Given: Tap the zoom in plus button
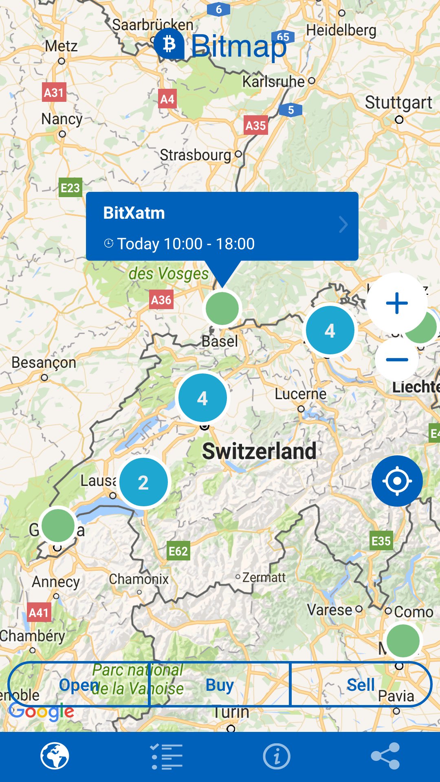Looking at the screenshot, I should point(397,303).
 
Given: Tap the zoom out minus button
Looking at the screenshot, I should point(397,360).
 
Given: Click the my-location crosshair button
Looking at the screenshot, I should point(397,481).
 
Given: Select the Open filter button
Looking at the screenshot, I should point(79,685).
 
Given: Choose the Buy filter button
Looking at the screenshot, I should point(220,685).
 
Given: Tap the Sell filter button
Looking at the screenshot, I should point(361,685).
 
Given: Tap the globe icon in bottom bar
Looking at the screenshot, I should point(55,756).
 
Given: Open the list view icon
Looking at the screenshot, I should point(167,756).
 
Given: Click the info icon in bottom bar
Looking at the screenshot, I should point(277,756).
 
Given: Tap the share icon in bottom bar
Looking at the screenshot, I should point(385,756).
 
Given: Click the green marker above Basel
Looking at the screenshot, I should point(222,309).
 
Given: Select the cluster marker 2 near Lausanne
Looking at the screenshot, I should point(143,483).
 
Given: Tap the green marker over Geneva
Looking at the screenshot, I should point(58,525).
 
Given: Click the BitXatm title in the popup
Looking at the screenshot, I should point(134,213).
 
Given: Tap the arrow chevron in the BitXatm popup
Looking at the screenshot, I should point(343,224).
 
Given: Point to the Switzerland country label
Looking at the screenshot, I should point(259,451).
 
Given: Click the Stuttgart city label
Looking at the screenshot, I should point(398,103).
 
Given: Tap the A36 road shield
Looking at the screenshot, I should point(161,300).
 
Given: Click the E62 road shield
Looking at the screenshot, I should point(178,551).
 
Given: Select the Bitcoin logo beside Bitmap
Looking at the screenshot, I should point(169,44).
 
